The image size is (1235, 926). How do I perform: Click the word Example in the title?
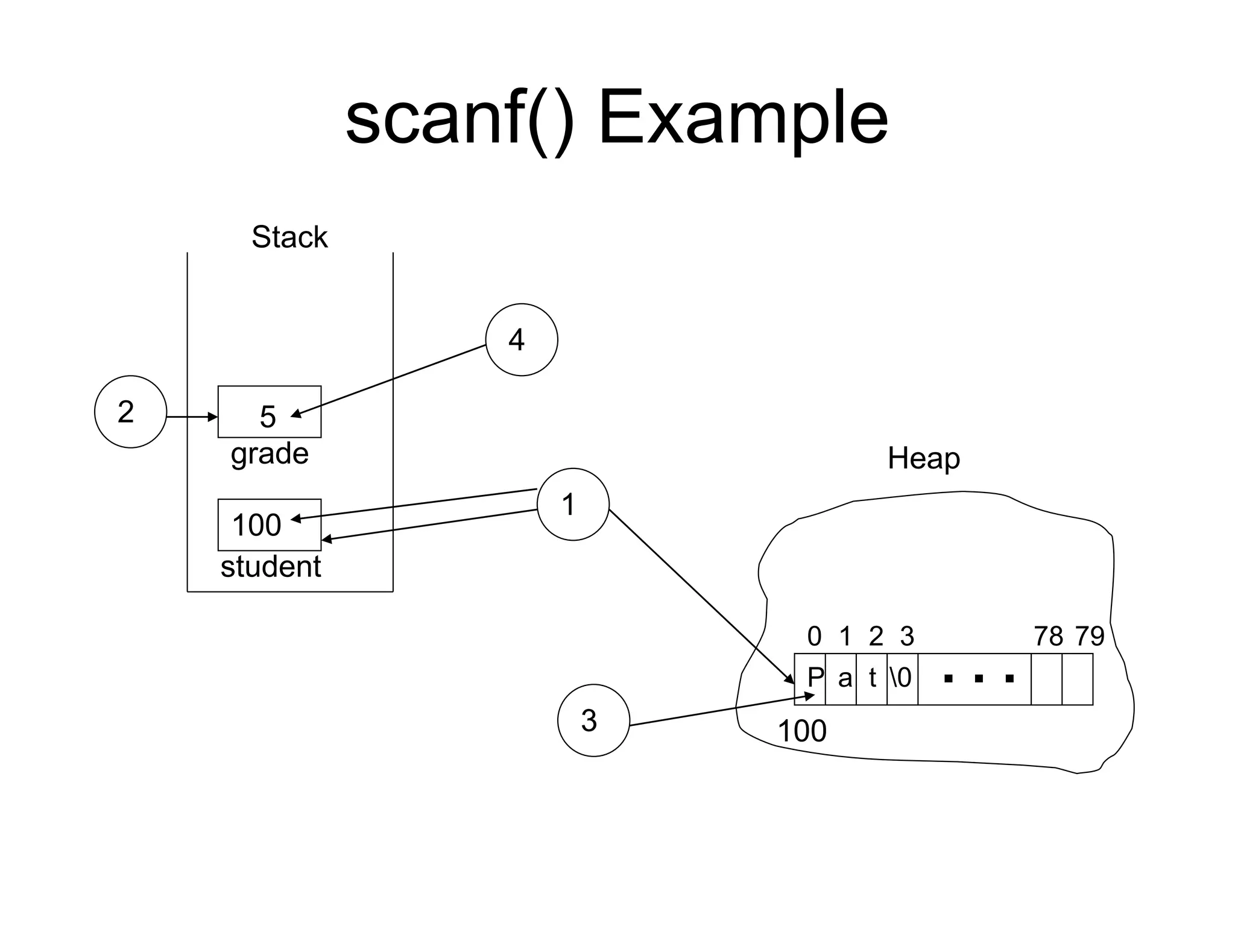coord(742,119)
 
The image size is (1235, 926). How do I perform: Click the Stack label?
coord(289,236)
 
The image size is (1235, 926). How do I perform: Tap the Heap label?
coord(923,458)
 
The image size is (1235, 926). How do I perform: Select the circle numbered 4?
coord(522,339)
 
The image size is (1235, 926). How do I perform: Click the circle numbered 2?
coord(130,412)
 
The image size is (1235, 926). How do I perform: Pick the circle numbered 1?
coord(573,504)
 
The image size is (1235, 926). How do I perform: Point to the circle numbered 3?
coord(593,720)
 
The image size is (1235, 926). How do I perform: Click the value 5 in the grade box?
coord(267,416)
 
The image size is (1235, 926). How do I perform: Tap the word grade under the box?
coord(270,453)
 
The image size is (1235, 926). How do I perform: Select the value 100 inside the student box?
coord(257,524)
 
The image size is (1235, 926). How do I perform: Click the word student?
coord(271,567)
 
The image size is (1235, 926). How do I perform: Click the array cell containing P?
coord(810,679)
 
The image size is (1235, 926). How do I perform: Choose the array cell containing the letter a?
coord(841,679)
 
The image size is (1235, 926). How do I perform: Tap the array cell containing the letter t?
coord(872,679)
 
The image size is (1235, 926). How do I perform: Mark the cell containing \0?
coord(902,679)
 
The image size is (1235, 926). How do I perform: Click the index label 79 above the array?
coord(1090,636)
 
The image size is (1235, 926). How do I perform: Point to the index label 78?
coord(1048,636)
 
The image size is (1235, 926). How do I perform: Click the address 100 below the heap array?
coord(802,731)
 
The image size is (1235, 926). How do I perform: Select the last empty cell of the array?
coord(1077,679)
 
